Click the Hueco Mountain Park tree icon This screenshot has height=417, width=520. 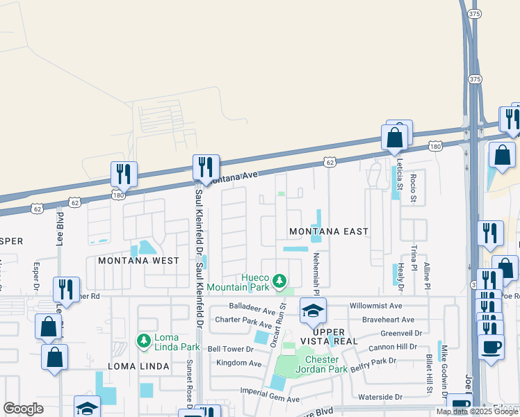click(279, 281)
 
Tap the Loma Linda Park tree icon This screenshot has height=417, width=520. click(143, 341)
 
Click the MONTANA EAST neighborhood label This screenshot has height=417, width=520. click(328, 231)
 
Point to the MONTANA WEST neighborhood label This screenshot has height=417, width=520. click(138, 261)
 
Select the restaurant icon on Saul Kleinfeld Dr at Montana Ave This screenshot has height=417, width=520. click(206, 167)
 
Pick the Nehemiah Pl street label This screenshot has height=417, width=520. click(316, 268)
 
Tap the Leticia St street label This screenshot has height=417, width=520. click(399, 174)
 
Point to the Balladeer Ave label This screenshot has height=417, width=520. click(253, 306)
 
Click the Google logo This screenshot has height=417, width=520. click(23, 408)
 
